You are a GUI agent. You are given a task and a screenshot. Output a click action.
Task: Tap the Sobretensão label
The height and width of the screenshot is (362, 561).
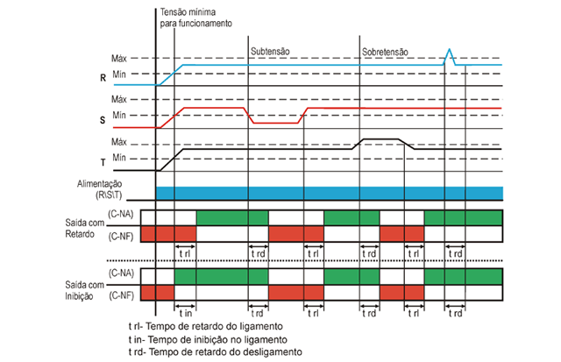[385, 52]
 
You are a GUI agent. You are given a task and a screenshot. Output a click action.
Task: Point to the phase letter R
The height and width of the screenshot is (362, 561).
[104, 77]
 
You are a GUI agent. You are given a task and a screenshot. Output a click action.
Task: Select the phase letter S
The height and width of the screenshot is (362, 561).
[104, 120]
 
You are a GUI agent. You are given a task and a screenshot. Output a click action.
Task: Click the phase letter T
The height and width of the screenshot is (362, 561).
[104, 163]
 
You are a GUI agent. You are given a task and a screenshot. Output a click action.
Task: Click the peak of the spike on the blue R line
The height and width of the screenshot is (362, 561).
[449, 50]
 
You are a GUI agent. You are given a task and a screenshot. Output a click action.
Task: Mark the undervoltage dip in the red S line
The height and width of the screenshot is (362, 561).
[277, 124]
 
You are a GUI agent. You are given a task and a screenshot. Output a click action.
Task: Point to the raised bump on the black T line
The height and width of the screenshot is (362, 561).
[382, 139]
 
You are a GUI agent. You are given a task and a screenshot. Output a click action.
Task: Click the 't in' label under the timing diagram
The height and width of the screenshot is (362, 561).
[185, 312]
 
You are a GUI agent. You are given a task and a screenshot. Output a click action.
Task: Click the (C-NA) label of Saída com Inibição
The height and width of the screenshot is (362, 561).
[120, 274]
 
